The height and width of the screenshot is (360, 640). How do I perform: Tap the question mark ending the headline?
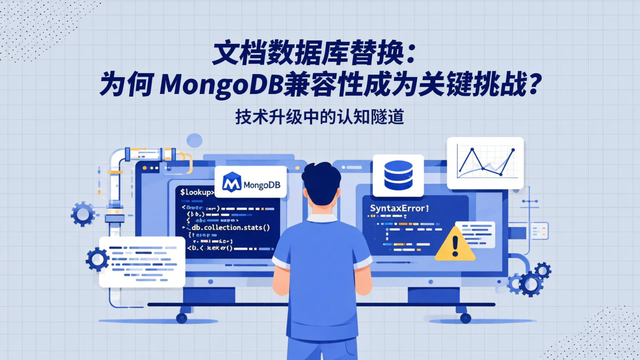[x=532, y=84]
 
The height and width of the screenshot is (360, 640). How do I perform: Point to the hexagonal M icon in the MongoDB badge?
[x=232, y=182]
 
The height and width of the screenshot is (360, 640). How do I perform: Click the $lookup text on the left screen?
[x=197, y=192]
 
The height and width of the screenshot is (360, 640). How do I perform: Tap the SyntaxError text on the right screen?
[x=399, y=208]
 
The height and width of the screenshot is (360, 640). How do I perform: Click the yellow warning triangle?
[x=455, y=245]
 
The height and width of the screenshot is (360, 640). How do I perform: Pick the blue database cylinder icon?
[x=398, y=175]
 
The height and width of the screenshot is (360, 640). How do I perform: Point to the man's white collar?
[x=322, y=218]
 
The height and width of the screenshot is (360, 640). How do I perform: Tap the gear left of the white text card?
[x=97, y=259]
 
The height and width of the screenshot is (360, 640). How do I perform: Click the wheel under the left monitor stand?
[x=181, y=318]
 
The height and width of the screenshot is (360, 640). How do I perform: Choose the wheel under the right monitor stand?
[x=465, y=318]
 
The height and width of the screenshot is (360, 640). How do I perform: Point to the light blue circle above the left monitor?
[x=194, y=140]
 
